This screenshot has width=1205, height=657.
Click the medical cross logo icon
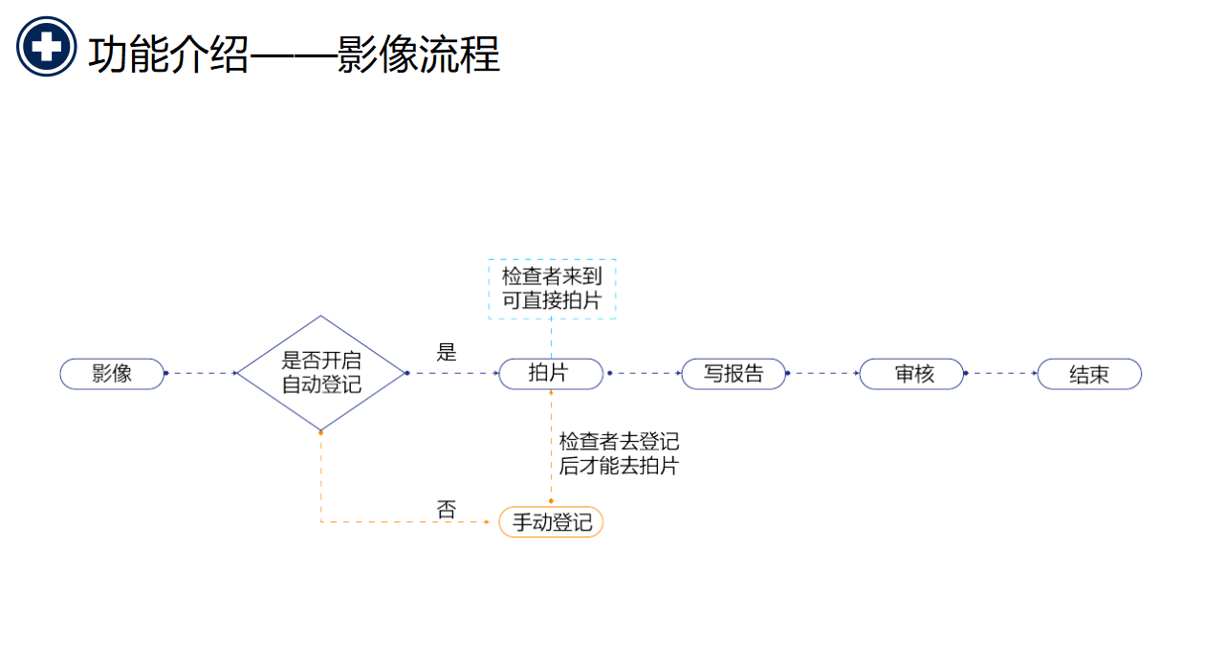[x=46, y=46]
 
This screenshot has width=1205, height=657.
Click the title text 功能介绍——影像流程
[x=294, y=55]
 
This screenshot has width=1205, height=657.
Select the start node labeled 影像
[x=112, y=374]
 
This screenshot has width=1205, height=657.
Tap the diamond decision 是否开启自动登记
[x=321, y=374]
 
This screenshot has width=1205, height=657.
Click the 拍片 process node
[x=551, y=374]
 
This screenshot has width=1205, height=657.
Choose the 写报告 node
[x=734, y=374]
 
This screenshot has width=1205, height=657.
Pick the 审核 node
[x=912, y=374]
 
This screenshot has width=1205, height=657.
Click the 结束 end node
[x=1089, y=374]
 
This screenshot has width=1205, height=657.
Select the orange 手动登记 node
[x=551, y=522]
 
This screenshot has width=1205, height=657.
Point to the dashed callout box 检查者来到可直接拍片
[x=552, y=289]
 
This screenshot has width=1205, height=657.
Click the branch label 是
[x=447, y=352]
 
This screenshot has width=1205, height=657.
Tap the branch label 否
[x=447, y=510]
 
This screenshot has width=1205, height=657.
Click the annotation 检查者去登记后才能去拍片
[x=619, y=453]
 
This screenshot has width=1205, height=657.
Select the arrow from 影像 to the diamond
[x=201, y=373]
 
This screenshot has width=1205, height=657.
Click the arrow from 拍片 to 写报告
[x=643, y=373]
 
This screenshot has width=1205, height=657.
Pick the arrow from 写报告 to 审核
[x=822, y=373]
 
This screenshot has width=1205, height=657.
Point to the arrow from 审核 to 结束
[x=1001, y=373]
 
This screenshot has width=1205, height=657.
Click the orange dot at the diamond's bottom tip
[x=320, y=432]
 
